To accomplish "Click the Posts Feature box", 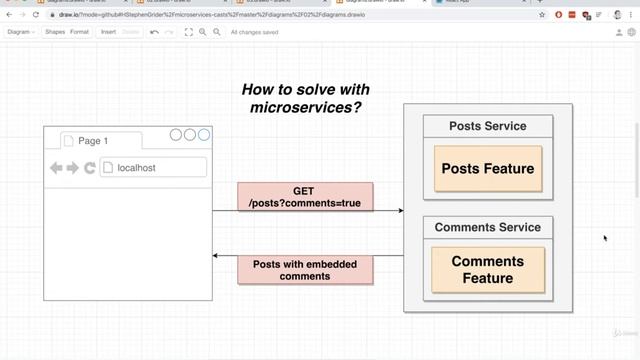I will click(488, 169).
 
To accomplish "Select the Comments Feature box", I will click(488, 270).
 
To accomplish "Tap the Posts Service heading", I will click(488, 126).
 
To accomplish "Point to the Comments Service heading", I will click(488, 227).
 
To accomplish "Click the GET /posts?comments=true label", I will click(304, 197).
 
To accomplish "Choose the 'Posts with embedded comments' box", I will click(304, 269).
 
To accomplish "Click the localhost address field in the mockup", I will click(152, 168).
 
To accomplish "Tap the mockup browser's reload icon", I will click(90, 168).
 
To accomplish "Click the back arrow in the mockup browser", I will click(56, 168).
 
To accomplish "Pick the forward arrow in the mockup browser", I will click(73, 168).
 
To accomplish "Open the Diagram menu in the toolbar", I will click(20, 32).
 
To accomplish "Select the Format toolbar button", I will click(79, 32).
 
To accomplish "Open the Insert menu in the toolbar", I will click(108, 32).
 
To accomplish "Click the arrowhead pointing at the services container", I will click(400, 211).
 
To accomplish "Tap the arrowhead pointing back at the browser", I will click(216, 256).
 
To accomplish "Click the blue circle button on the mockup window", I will click(204, 135).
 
